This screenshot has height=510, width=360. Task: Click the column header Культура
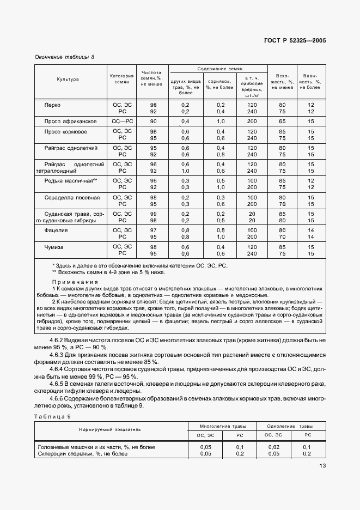[68, 79]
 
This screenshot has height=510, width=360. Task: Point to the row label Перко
[53, 104]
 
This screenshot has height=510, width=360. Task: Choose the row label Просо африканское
[70, 120]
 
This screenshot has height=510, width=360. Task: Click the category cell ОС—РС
[122, 120]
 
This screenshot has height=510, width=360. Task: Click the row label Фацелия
[56, 230]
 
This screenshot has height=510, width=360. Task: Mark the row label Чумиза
[54, 246]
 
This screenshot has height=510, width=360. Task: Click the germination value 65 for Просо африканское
[282, 120]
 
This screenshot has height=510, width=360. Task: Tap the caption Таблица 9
[53, 416]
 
